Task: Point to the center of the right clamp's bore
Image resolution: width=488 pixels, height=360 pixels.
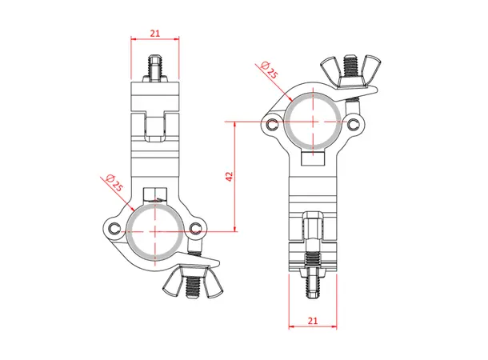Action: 310,122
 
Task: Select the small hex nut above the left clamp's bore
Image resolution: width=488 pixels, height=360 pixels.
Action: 154,194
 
